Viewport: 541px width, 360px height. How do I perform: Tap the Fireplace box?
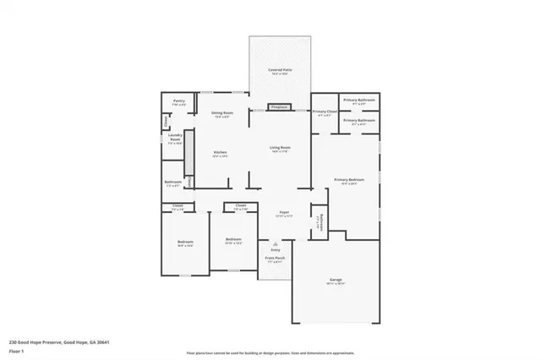point(278,107)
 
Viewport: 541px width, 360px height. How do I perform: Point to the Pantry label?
point(179,101)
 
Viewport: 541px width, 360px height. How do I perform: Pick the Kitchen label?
point(220,153)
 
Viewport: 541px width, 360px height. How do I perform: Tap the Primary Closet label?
point(325,112)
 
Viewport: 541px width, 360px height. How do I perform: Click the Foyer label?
point(283,215)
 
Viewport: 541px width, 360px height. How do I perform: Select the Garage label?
point(334,280)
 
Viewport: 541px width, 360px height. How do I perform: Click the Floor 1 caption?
point(16,350)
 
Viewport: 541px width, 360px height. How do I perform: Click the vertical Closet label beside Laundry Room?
point(166,122)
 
